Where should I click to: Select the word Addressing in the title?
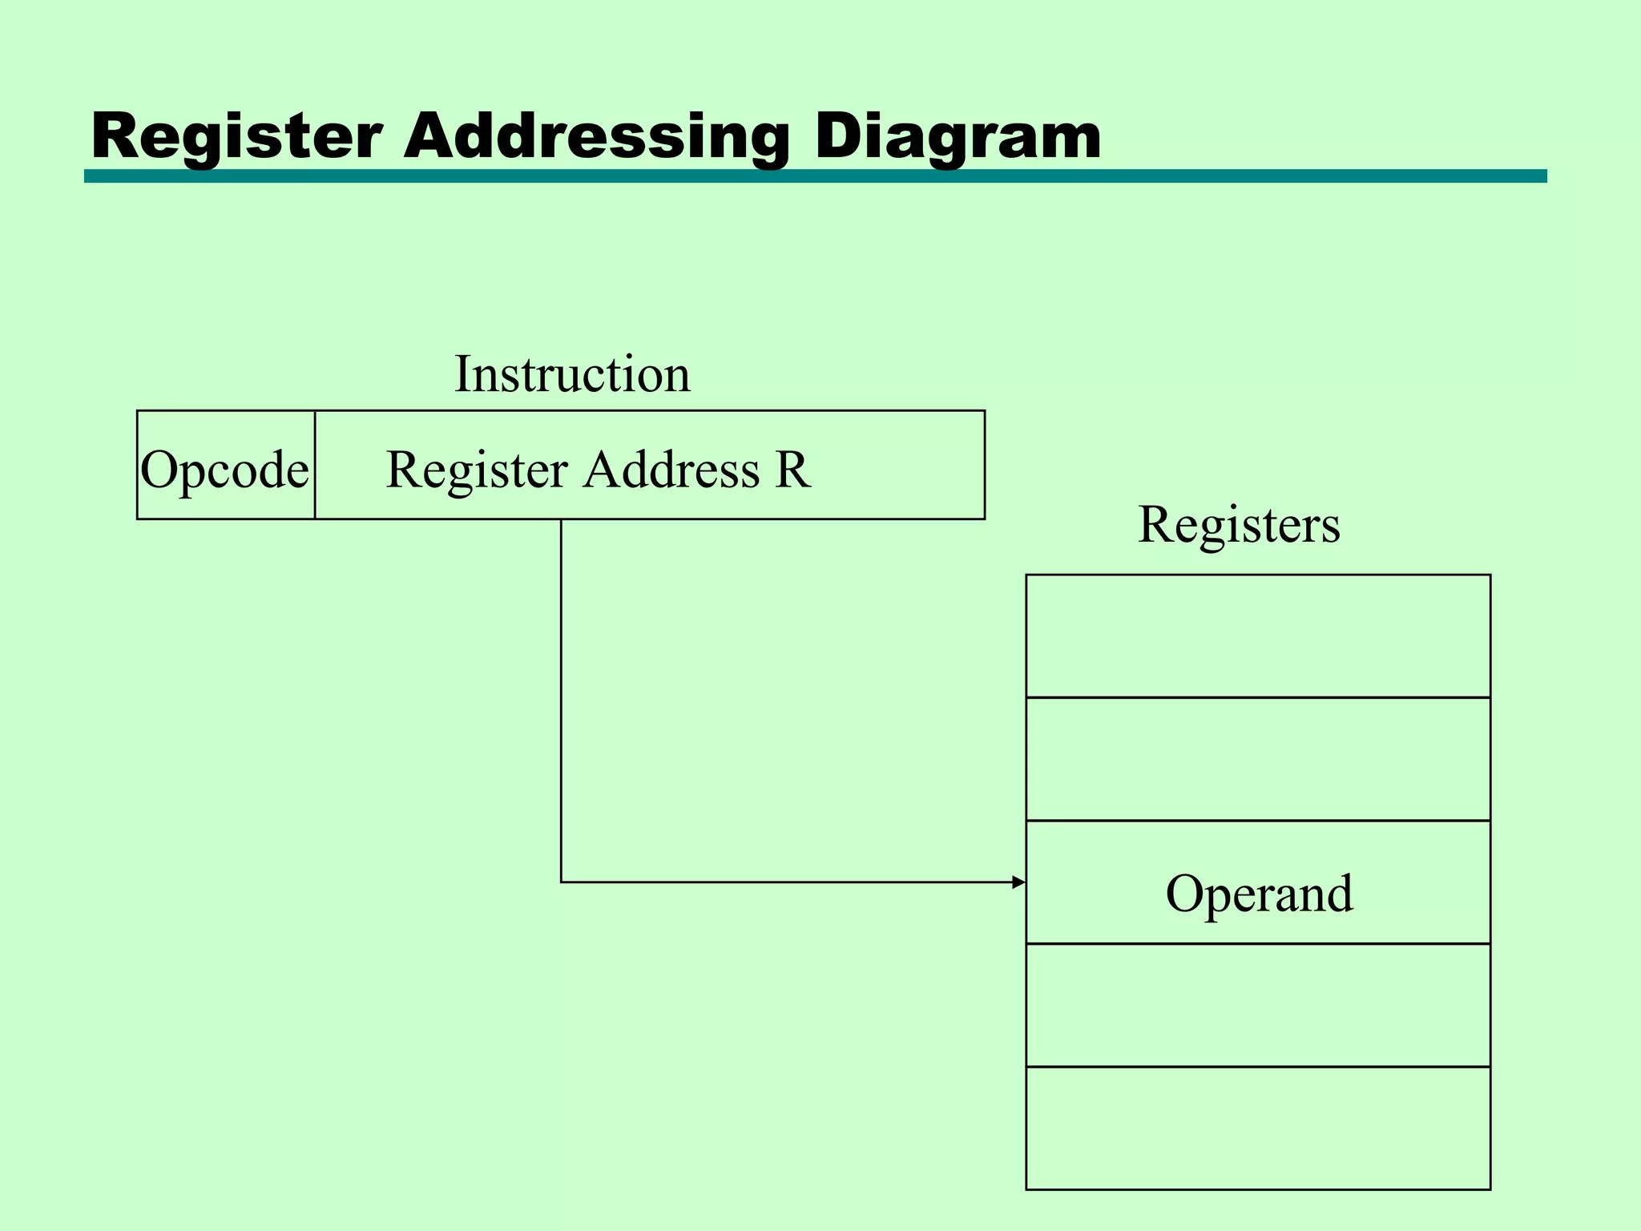[x=596, y=136]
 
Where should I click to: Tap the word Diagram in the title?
[x=958, y=136]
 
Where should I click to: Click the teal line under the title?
[x=814, y=176]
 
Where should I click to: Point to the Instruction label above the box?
[x=572, y=374]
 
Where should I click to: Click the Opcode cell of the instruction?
[x=225, y=469]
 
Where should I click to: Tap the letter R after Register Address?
[x=792, y=470]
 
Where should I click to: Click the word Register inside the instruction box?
[x=477, y=470]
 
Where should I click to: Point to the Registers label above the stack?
[x=1238, y=525]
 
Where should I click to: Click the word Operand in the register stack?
[x=1258, y=894]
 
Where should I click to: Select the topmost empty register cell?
[x=1258, y=636]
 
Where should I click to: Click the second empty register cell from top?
[x=1258, y=759]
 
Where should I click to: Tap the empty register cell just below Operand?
[x=1258, y=1005]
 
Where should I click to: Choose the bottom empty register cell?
[x=1258, y=1128]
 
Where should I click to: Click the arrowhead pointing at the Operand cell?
[x=1018, y=882]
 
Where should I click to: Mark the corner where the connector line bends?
[x=561, y=882]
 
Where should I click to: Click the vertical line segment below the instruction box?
[x=561, y=697]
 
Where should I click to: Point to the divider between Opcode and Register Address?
[x=315, y=465]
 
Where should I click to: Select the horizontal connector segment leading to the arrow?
[x=785, y=882]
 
